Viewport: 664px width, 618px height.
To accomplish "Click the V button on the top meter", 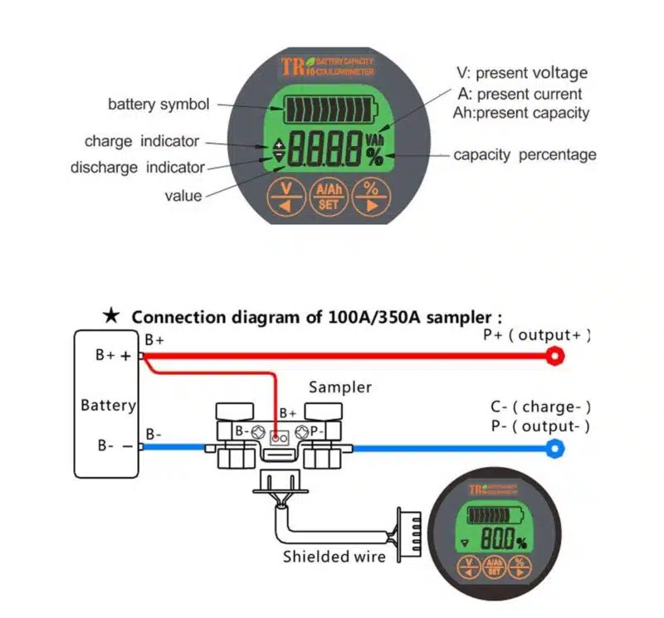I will click(286, 197).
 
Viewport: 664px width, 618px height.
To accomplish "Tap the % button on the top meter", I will click(370, 197).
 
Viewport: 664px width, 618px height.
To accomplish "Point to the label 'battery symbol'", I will click(159, 105).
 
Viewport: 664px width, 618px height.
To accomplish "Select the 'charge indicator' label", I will click(142, 141).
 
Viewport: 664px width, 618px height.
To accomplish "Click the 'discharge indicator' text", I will click(137, 167).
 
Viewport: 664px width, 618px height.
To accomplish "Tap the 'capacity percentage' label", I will click(525, 154).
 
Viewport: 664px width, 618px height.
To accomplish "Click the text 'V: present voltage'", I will click(522, 73).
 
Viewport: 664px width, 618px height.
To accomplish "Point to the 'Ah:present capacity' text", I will click(521, 113).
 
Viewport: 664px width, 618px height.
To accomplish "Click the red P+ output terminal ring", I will click(554, 356).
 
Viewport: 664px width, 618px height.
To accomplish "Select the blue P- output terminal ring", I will click(554, 449).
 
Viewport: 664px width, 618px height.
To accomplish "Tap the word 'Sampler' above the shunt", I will click(340, 387).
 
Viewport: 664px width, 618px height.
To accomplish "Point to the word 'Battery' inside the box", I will click(108, 406).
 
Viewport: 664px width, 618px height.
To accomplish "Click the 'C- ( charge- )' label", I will click(540, 406).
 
